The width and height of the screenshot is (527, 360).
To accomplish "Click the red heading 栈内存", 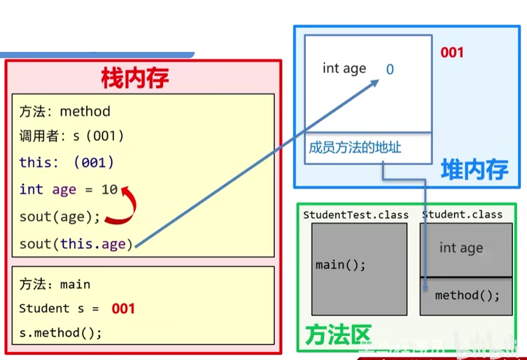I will (x=135, y=79).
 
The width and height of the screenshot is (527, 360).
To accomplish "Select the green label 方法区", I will (x=337, y=334).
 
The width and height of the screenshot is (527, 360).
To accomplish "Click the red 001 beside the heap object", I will (x=452, y=52).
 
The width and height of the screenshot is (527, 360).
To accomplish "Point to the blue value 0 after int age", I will (x=390, y=69).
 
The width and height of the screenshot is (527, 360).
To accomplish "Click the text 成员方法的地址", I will (x=355, y=147).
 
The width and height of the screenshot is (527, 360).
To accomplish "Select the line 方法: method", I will (x=65, y=112).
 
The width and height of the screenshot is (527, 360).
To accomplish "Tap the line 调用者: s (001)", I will (x=72, y=136).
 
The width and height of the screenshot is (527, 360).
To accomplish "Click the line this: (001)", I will (x=67, y=162).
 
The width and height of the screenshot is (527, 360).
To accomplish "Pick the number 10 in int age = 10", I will (x=110, y=189).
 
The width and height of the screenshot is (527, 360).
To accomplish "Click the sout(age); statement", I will (x=60, y=217).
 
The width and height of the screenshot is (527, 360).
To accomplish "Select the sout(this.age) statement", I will (x=76, y=244).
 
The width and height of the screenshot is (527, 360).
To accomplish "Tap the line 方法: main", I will (x=55, y=284).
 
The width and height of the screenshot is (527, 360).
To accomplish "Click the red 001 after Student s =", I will (x=123, y=309).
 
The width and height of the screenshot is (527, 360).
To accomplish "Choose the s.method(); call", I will (x=60, y=333).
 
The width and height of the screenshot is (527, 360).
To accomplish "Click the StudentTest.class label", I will (x=356, y=215).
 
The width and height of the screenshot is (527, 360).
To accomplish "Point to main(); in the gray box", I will (x=341, y=265).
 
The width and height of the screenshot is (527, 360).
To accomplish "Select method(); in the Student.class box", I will (x=467, y=295).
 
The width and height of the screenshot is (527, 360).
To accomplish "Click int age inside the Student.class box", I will (x=461, y=248).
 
